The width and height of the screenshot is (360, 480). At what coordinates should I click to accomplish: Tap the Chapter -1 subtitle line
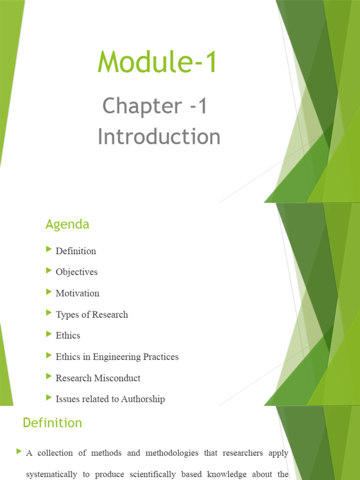click(x=155, y=106)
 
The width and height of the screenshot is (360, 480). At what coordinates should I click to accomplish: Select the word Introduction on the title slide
click(x=159, y=137)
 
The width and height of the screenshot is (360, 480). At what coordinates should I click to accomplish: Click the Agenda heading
click(x=67, y=225)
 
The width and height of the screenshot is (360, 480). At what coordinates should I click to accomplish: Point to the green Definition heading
click(x=52, y=423)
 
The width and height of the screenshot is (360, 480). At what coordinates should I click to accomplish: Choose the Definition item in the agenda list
click(x=76, y=251)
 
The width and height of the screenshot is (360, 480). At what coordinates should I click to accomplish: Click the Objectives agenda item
click(x=76, y=272)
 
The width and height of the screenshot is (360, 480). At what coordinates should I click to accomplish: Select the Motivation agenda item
click(x=77, y=293)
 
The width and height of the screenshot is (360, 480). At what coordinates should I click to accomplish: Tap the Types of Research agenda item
click(x=92, y=315)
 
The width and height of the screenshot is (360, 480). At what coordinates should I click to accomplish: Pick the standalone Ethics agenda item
click(x=68, y=336)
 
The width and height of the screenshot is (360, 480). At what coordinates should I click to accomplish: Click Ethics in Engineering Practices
click(x=117, y=357)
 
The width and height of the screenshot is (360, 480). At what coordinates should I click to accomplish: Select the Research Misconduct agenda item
click(x=98, y=378)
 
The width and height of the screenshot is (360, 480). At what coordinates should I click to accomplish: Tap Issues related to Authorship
click(x=110, y=399)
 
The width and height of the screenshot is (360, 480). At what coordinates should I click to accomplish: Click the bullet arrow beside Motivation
click(x=49, y=292)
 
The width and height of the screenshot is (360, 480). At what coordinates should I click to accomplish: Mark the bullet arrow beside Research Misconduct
click(x=49, y=376)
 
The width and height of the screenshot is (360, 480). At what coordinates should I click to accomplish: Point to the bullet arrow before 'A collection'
click(x=19, y=452)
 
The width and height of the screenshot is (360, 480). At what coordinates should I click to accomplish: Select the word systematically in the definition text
click(x=52, y=474)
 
